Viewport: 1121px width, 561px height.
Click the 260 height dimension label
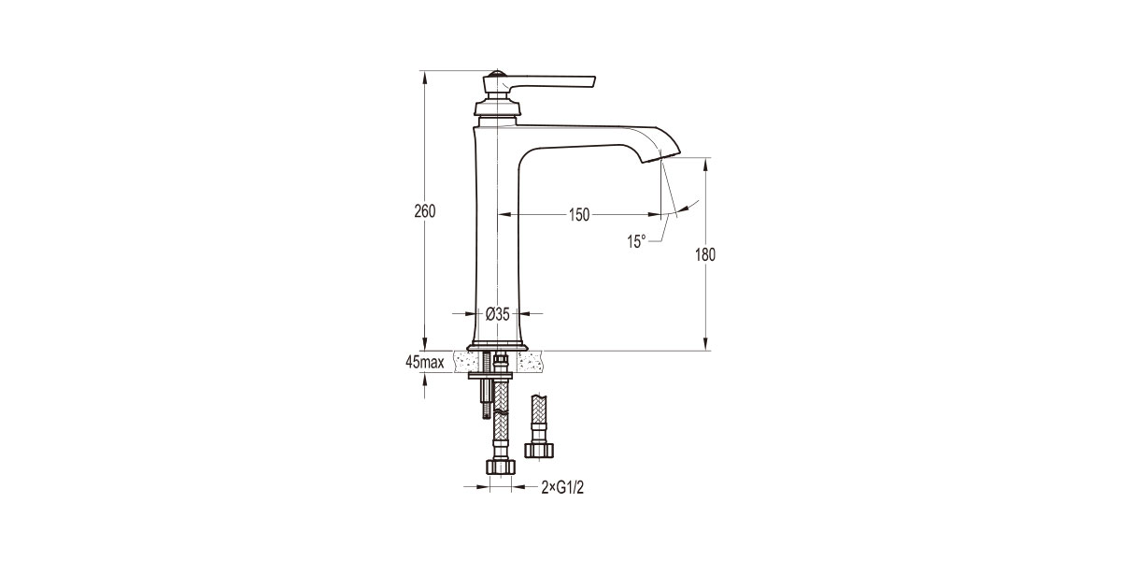[425, 210]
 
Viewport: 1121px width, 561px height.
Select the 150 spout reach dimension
[579, 215]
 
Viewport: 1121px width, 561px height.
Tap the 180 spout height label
[705, 254]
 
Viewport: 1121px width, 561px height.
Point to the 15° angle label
[636, 241]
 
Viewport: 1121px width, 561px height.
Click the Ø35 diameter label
[497, 314]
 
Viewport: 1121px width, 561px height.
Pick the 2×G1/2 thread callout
[562, 486]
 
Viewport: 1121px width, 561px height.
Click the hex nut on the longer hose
[500, 467]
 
